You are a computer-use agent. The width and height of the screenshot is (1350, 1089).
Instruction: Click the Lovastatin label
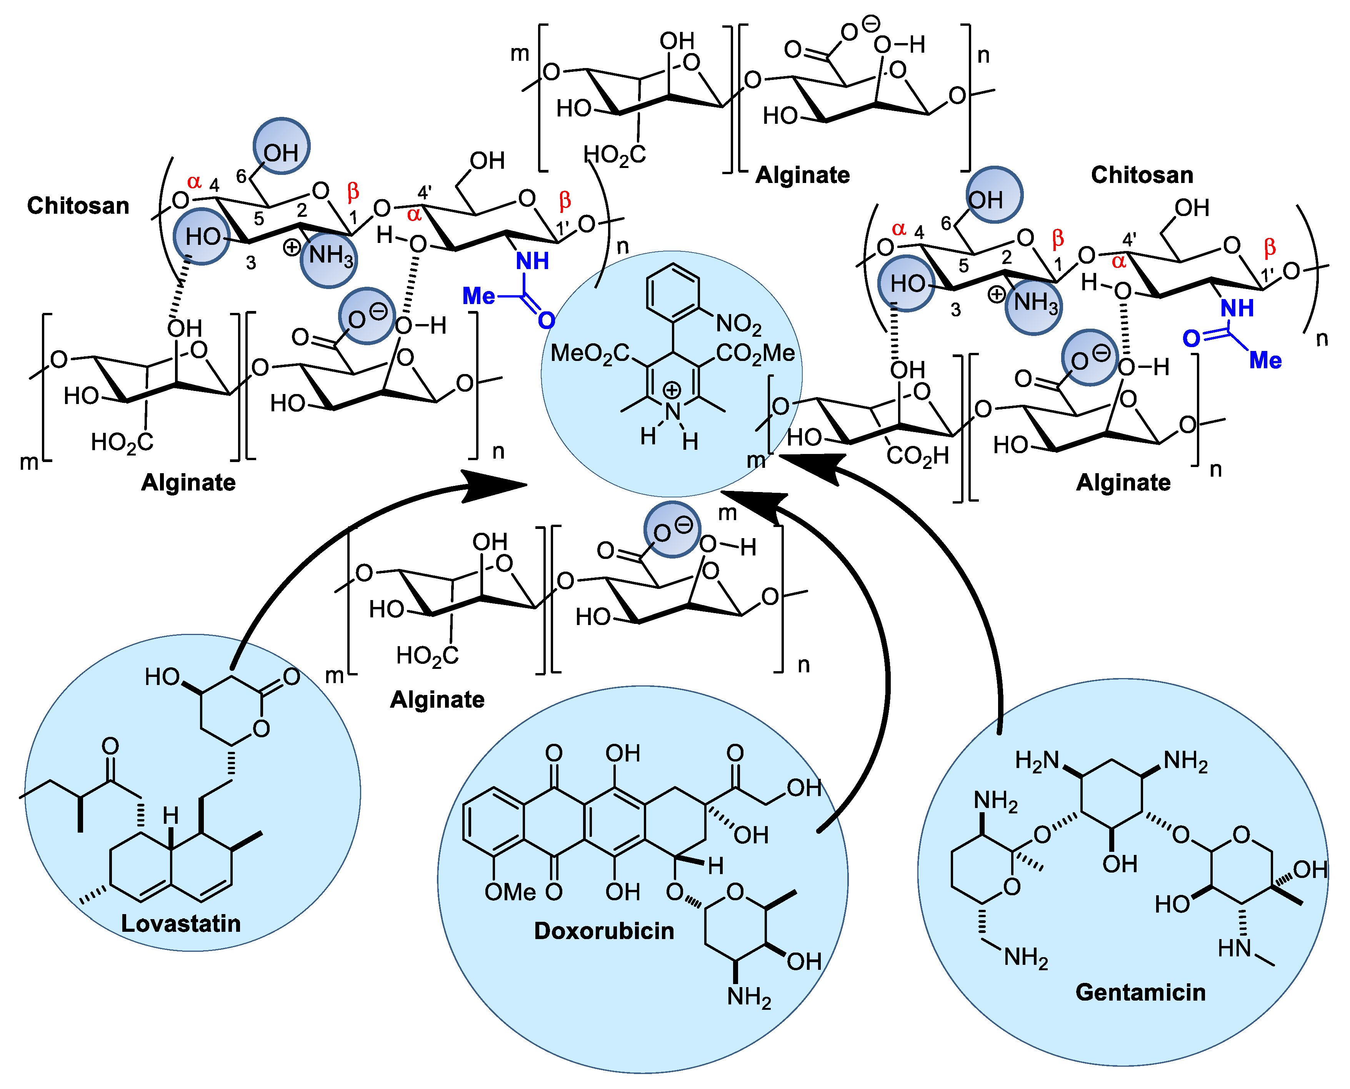click(x=181, y=923)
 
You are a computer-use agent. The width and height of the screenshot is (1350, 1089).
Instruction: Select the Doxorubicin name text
click(x=604, y=931)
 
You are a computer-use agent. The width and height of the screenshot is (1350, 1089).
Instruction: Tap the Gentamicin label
click(x=1140, y=993)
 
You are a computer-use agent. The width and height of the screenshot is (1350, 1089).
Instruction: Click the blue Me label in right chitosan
click(x=1265, y=360)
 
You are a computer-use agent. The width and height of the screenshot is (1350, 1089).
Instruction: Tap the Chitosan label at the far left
click(x=78, y=206)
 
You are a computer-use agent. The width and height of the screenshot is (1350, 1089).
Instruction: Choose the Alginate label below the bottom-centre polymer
click(x=437, y=700)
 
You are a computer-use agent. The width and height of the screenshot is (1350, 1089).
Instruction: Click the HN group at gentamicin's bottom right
click(x=1235, y=948)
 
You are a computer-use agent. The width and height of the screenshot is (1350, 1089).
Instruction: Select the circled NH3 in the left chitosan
click(x=329, y=256)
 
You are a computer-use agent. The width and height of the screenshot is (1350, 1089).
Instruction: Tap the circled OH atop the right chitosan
click(x=994, y=195)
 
